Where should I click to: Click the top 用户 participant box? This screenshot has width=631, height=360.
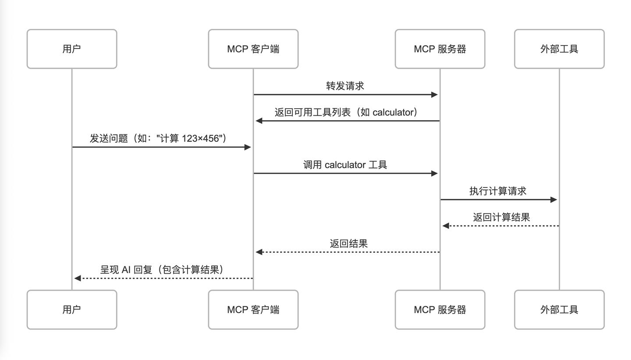[72, 49]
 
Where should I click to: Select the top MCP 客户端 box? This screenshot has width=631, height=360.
[253, 49]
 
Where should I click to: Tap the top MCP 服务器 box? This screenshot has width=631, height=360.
[440, 49]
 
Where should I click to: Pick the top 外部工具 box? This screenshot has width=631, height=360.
[559, 49]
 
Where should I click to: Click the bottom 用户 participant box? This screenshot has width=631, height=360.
[72, 310]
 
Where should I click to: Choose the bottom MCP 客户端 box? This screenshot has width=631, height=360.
[253, 310]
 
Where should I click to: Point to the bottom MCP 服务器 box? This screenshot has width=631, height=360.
[440, 310]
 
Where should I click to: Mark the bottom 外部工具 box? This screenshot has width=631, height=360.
[559, 310]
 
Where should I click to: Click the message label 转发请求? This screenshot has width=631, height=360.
[345, 86]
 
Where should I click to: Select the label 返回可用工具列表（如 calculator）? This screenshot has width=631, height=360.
[346, 112]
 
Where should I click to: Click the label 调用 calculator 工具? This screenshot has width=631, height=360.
[345, 165]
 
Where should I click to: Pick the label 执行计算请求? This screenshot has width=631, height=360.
[498, 191]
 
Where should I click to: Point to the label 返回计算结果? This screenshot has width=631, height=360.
[501, 217]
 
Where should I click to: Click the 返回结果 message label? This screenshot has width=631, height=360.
[348, 244]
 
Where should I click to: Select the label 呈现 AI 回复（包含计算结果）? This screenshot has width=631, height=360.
[162, 270]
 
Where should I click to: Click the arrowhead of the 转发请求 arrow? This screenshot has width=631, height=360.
[435, 95]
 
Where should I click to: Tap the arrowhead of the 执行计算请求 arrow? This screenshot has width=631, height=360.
[554, 200]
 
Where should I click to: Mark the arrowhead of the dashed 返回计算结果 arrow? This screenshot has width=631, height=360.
[446, 226]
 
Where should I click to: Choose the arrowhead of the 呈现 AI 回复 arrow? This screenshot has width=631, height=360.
[78, 278]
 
